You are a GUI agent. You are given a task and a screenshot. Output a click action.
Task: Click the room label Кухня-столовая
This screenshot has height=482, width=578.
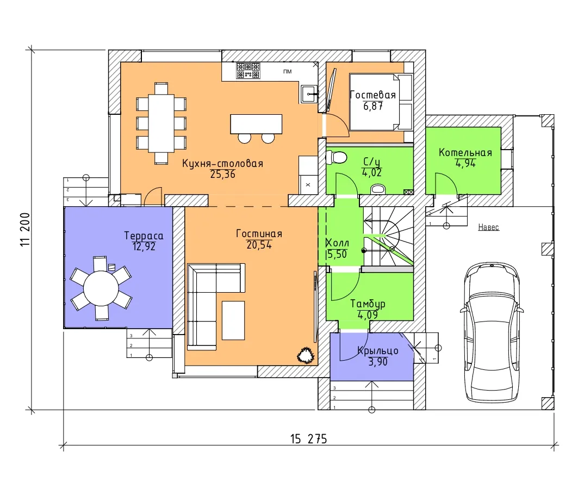(x=222, y=163)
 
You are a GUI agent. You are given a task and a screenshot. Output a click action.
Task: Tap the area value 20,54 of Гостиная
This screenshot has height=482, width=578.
(x=259, y=244)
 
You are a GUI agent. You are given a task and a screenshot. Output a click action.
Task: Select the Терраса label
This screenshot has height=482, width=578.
(x=144, y=236)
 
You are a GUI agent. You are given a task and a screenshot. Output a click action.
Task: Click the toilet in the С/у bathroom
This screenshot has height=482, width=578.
(x=337, y=157)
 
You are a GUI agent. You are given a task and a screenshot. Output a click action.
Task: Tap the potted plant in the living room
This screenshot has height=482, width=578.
(x=306, y=355)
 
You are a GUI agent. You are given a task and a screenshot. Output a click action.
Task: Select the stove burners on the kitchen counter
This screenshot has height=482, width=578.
(x=248, y=70)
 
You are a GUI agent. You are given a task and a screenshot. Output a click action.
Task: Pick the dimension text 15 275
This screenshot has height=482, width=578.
(x=308, y=439)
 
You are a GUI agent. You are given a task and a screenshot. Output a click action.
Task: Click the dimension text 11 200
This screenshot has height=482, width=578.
(x=26, y=230)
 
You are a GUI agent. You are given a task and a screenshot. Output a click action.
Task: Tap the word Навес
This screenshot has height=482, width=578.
(x=488, y=227)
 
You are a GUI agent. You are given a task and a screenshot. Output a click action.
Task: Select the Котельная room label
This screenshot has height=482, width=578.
(x=465, y=153)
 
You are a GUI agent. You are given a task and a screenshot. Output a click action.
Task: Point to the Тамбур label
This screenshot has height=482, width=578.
(x=368, y=304)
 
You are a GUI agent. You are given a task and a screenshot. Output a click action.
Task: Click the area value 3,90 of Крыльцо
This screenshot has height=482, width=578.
(x=378, y=362)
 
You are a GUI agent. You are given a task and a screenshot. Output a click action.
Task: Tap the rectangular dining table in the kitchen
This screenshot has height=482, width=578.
(x=161, y=123)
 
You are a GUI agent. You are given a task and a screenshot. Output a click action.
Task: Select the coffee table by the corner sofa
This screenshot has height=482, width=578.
(x=233, y=320)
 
